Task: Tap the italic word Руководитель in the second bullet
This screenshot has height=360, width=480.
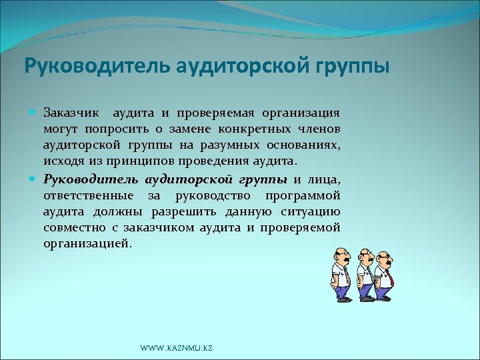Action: (x=91, y=179)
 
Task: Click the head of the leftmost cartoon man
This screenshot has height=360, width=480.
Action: (x=340, y=256)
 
